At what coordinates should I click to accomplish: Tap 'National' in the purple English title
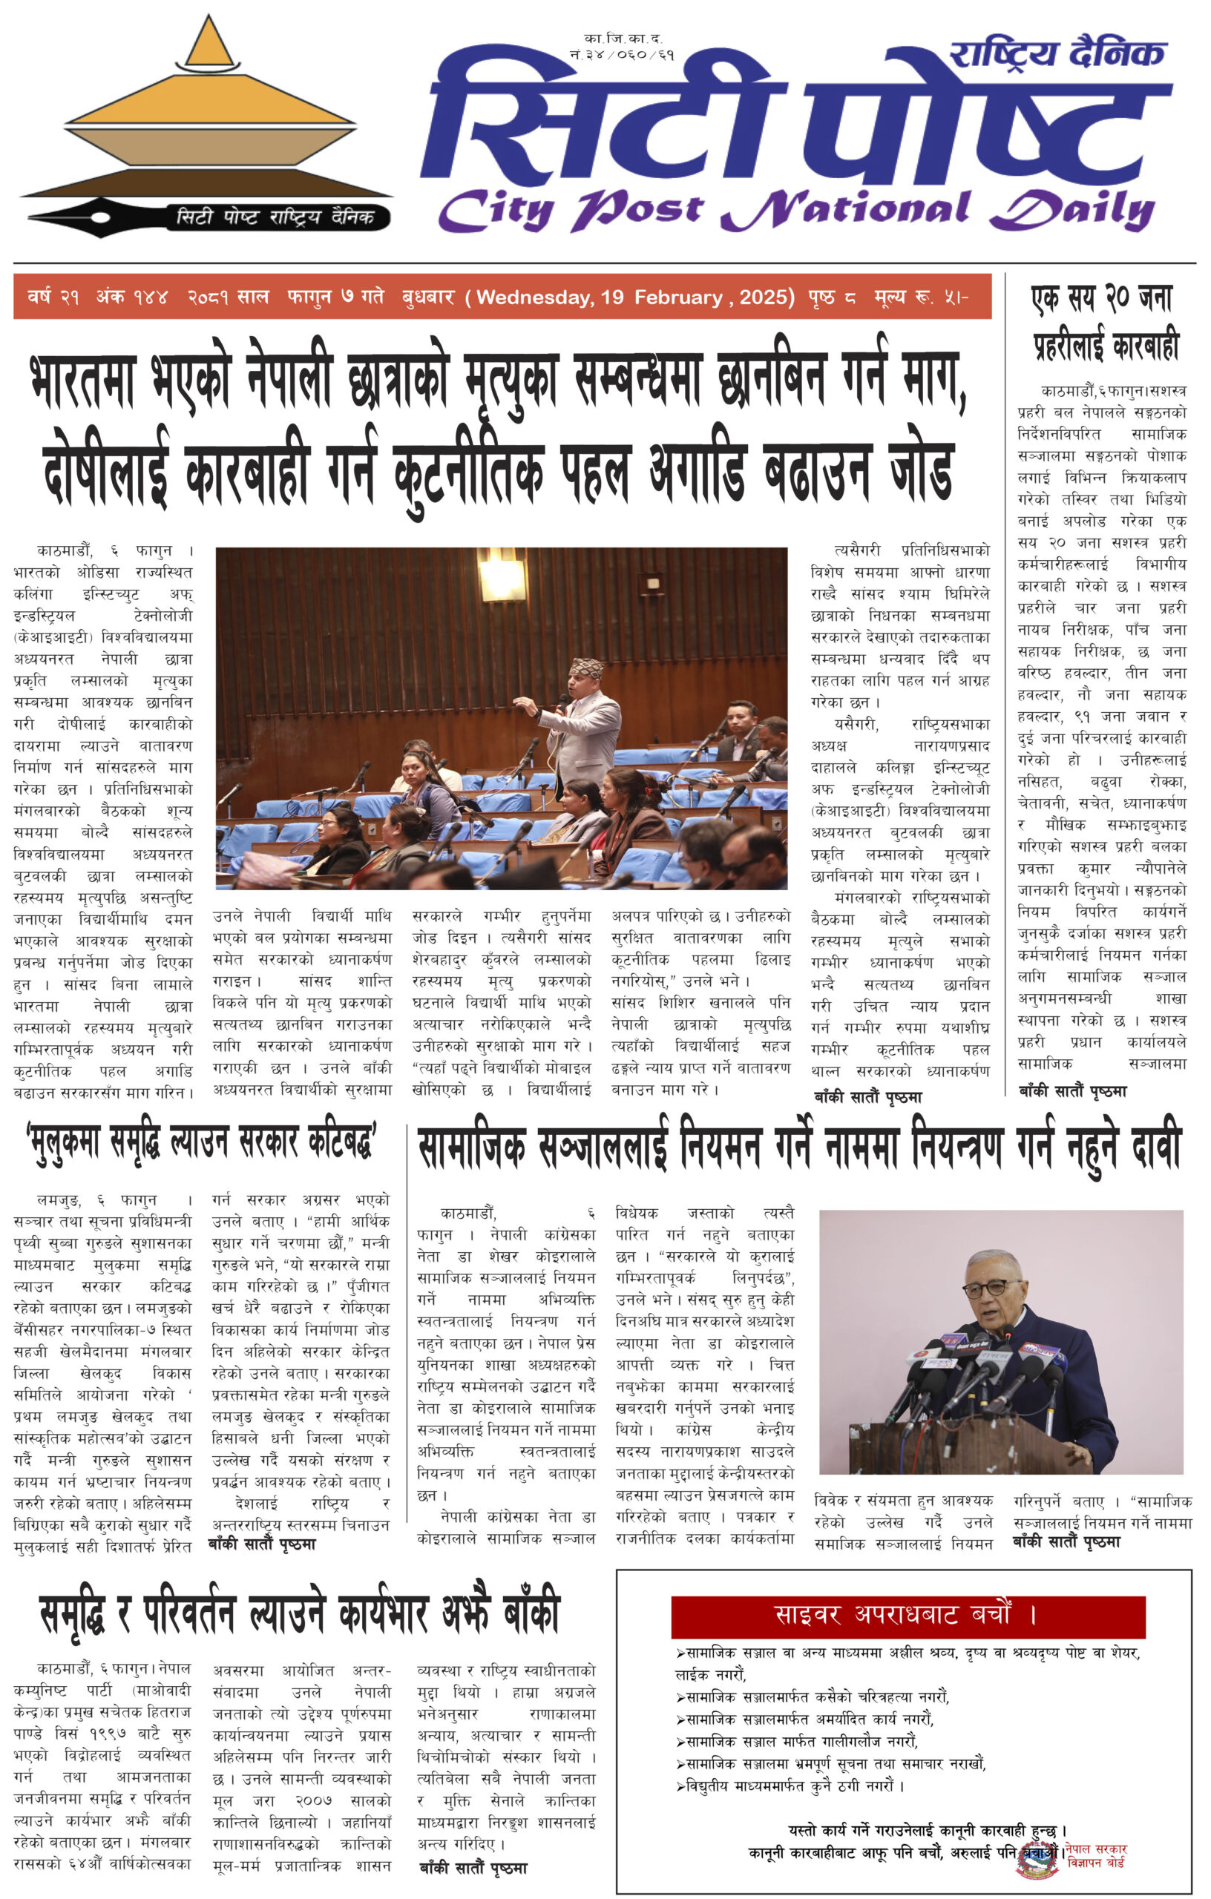846,210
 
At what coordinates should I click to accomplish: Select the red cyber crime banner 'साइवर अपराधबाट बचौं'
908,1614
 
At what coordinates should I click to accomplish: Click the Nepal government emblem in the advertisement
1037,1860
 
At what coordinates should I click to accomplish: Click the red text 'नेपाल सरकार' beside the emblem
1096,1849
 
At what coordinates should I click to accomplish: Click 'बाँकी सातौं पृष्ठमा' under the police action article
1072,1091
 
